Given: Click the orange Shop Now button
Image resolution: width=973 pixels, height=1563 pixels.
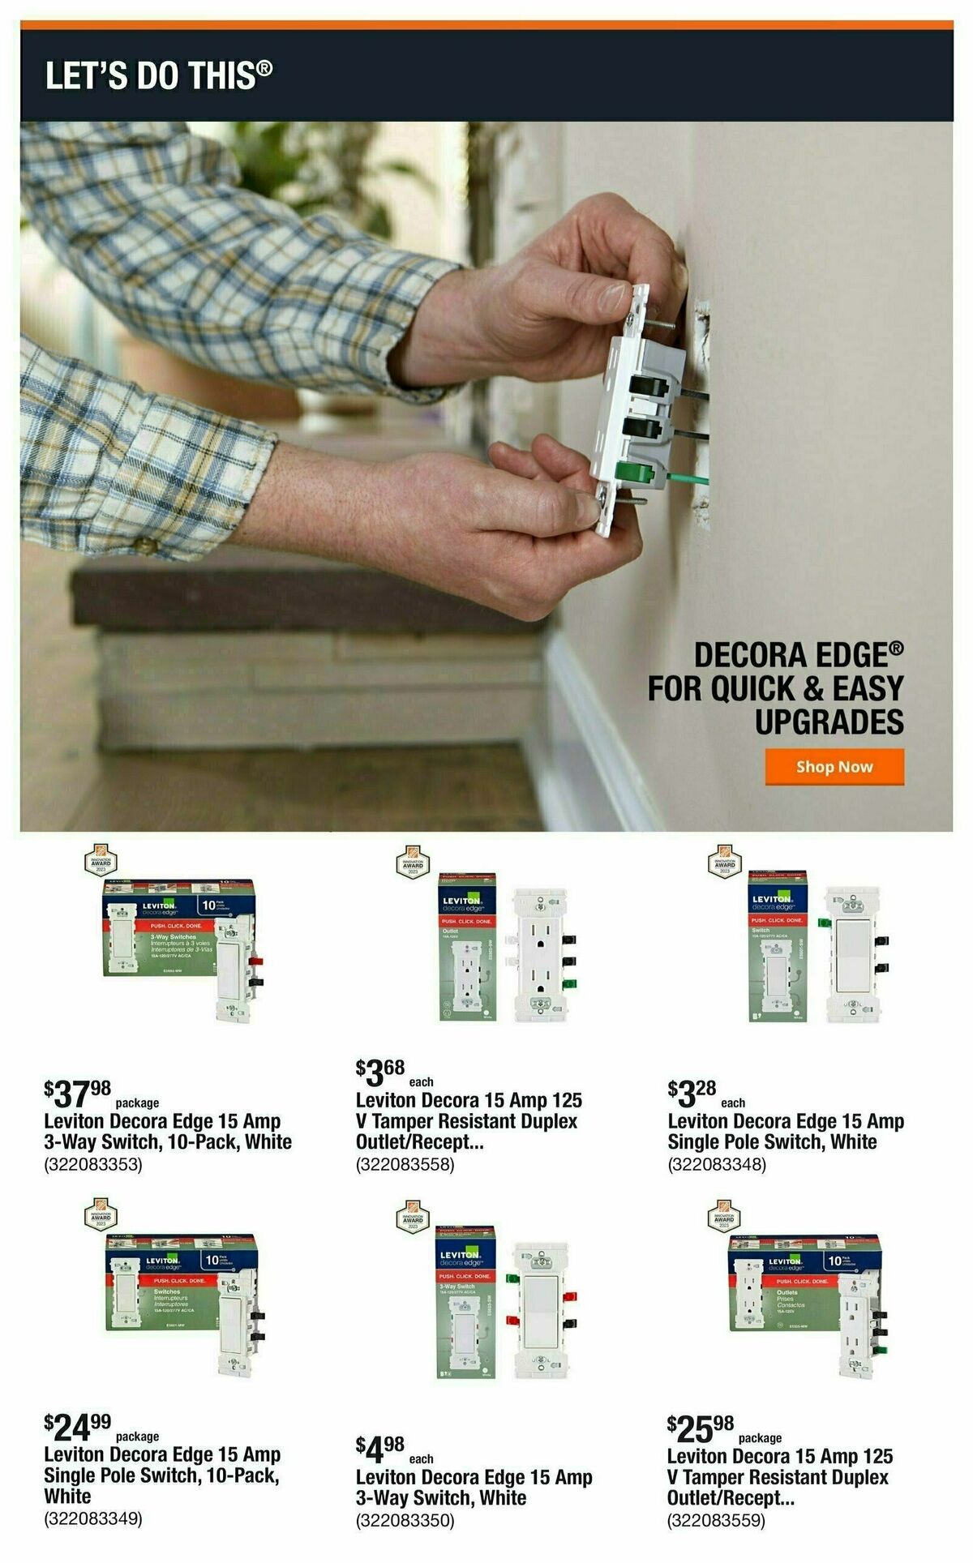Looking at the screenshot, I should coord(834,767).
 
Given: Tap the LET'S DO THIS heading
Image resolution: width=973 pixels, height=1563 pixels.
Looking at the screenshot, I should coord(159,75).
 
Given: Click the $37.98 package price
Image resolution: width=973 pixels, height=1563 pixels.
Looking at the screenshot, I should coord(78,1094).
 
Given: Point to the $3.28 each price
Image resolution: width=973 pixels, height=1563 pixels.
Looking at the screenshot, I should coord(692,1094).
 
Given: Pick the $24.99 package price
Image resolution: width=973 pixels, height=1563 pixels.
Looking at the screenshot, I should coord(78,1428).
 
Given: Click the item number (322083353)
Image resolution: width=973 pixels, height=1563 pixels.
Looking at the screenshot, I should coord(93,1165).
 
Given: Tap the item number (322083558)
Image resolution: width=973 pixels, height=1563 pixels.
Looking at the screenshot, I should coord(405,1165).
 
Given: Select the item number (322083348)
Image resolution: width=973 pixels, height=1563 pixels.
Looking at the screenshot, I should coord(717,1165).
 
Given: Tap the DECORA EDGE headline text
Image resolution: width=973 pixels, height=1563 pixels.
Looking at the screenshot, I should coord(798,655).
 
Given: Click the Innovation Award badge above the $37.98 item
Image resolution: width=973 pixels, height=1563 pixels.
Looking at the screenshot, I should coord(101,860).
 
